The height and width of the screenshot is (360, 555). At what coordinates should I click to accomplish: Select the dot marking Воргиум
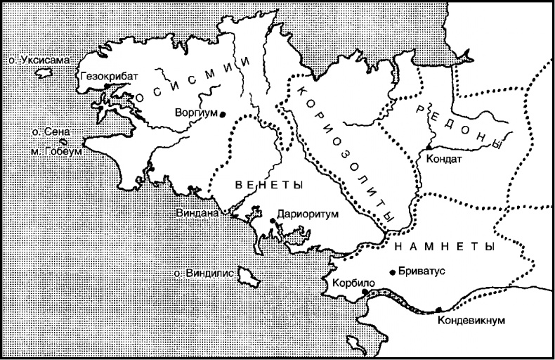222,114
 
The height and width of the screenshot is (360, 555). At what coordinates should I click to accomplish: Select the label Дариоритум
308,212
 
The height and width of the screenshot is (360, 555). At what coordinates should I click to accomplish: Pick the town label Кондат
444,159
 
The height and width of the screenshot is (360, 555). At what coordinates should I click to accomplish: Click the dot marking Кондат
429,146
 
